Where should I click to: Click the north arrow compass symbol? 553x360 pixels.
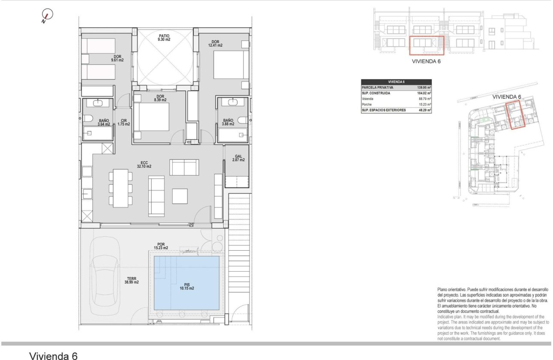[x=47, y=16]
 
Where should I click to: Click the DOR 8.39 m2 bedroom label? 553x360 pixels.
[x=160, y=98]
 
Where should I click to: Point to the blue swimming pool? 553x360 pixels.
[x=186, y=283]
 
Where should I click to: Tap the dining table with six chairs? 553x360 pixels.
[x=121, y=188]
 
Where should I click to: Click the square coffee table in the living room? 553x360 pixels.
[x=180, y=196]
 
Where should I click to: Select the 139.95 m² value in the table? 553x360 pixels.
[x=424, y=87]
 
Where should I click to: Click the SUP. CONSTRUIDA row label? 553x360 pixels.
[x=378, y=93]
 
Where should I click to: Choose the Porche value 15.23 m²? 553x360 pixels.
[x=424, y=104]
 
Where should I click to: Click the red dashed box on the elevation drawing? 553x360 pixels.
[x=426, y=46]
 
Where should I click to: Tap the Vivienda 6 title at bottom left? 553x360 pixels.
[x=53, y=355]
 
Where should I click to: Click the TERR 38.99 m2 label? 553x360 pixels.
[x=131, y=280]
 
